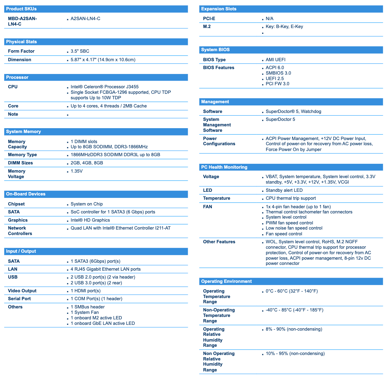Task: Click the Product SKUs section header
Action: point(21,9)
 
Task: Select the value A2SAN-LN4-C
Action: point(85,19)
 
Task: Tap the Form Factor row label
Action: point(21,51)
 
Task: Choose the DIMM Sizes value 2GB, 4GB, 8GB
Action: point(87,163)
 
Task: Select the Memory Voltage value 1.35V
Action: point(76,171)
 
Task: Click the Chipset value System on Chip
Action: point(86,204)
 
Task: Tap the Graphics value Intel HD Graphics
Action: point(90,220)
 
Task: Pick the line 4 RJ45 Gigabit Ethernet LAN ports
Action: point(105,269)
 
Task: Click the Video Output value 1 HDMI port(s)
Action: point(86,291)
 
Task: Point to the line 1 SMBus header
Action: point(87,307)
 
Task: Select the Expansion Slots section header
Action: point(219,9)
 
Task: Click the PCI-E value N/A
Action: point(269,19)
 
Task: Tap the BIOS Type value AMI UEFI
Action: point(275,60)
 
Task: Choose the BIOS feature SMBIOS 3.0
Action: point(278,73)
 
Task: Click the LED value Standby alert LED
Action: point(284,190)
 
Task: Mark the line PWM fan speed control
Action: point(289,223)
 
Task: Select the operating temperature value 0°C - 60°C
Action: point(291,291)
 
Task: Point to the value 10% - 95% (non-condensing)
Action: point(295,353)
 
